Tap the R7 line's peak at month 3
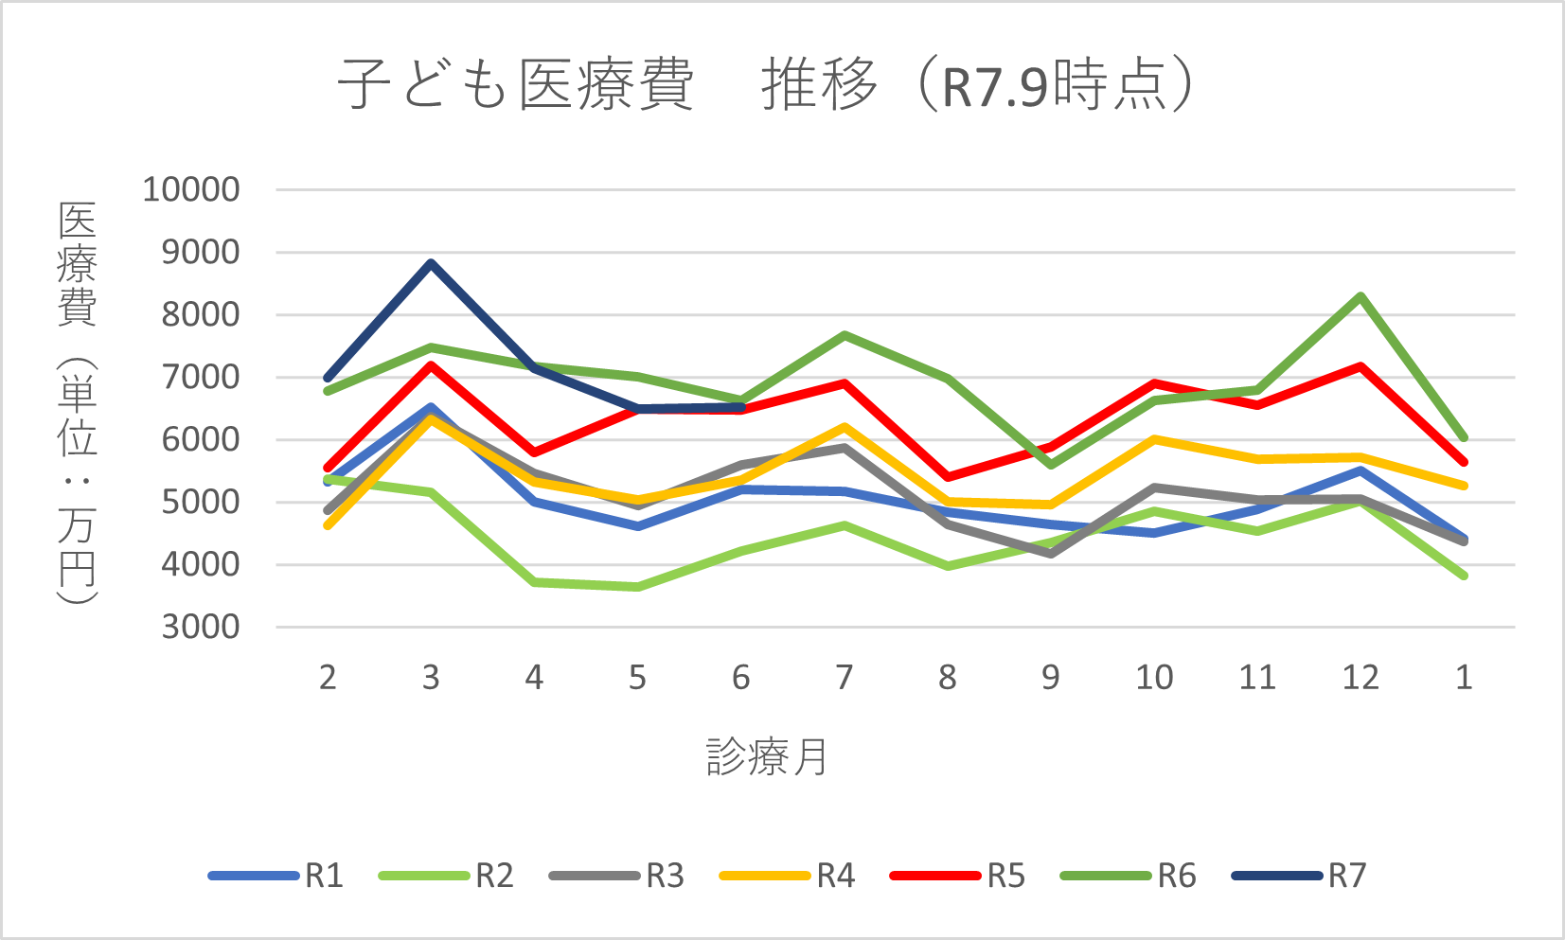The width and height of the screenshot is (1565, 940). pos(431,263)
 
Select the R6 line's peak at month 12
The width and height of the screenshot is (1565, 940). pos(1360,296)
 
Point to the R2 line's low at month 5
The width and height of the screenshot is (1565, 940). pos(637,588)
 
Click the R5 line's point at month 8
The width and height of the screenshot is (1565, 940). pos(948,477)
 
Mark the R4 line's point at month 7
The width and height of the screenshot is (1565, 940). pos(844,427)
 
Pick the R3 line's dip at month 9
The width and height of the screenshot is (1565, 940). pos(1051,554)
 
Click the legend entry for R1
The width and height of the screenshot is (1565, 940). pos(276,876)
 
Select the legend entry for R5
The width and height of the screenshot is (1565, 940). pos(958,876)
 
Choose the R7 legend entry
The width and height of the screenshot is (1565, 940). pos(1299,876)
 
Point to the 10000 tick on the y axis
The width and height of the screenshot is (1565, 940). pos(191,189)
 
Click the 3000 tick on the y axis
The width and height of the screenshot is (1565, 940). pos(201,627)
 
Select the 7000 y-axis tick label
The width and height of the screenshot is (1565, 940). pos(201,377)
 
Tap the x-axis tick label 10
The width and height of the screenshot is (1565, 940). pos(1154,678)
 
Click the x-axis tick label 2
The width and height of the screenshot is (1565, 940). pos(328,678)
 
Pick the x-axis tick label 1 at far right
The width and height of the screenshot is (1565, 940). pos(1464,678)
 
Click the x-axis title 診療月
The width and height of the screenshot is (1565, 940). pos(766,757)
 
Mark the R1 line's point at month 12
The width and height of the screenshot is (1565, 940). pos(1360,470)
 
